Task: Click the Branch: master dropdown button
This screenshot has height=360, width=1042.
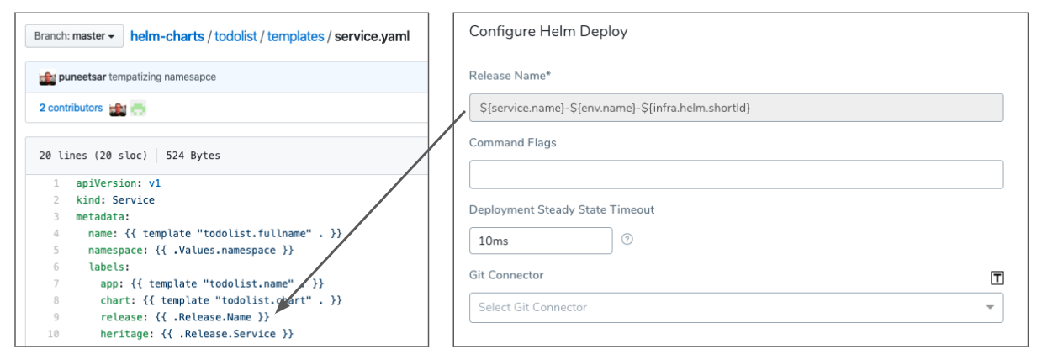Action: click(74, 36)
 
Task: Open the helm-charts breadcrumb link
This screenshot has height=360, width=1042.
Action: click(167, 36)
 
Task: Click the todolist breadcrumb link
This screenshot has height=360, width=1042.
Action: click(235, 36)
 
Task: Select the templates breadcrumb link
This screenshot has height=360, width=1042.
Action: click(295, 36)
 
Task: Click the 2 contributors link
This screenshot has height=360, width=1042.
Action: click(71, 108)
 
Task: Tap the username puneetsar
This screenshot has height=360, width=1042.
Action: click(82, 77)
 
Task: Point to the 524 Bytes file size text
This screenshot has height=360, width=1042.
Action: click(193, 156)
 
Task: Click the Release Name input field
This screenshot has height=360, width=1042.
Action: click(736, 108)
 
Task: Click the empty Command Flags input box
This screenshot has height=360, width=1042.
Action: click(736, 174)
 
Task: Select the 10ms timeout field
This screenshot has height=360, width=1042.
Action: click(541, 241)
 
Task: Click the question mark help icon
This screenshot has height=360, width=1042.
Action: click(627, 239)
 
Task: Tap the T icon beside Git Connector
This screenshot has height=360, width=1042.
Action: click(997, 278)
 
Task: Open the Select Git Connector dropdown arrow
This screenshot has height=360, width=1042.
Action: click(990, 308)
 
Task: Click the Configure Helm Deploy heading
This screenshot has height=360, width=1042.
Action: click(548, 31)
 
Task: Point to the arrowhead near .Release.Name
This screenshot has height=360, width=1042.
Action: click(281, 308)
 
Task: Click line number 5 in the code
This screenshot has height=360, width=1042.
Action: click(56, 250)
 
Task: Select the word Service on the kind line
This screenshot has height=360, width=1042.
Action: click(134, 200)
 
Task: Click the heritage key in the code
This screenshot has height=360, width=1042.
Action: click(124, 334)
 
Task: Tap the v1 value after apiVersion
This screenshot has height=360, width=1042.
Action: click(155, 183)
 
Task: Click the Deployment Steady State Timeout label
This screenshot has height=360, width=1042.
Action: click(562, 209)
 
